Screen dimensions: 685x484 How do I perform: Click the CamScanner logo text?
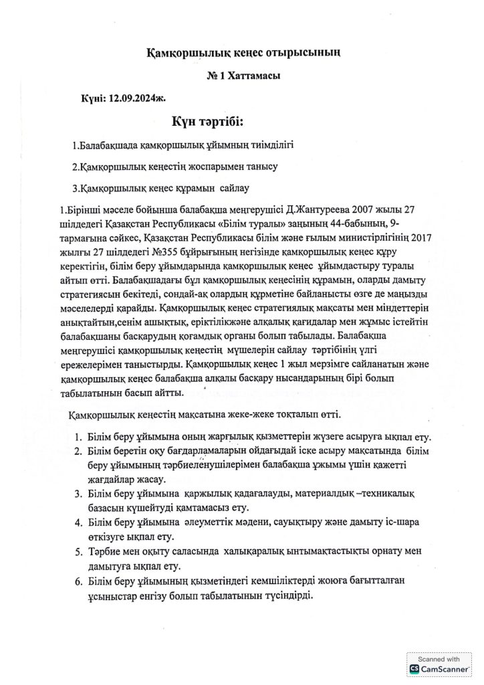click(445, 668)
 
